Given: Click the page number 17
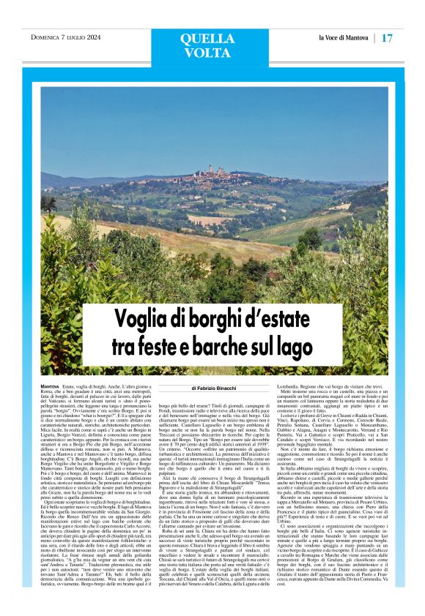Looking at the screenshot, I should click(x=388, y=37).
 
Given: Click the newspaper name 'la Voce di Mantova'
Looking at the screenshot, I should click(x=344, y=37).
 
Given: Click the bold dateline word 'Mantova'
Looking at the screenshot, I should click(x=51, y=384).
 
